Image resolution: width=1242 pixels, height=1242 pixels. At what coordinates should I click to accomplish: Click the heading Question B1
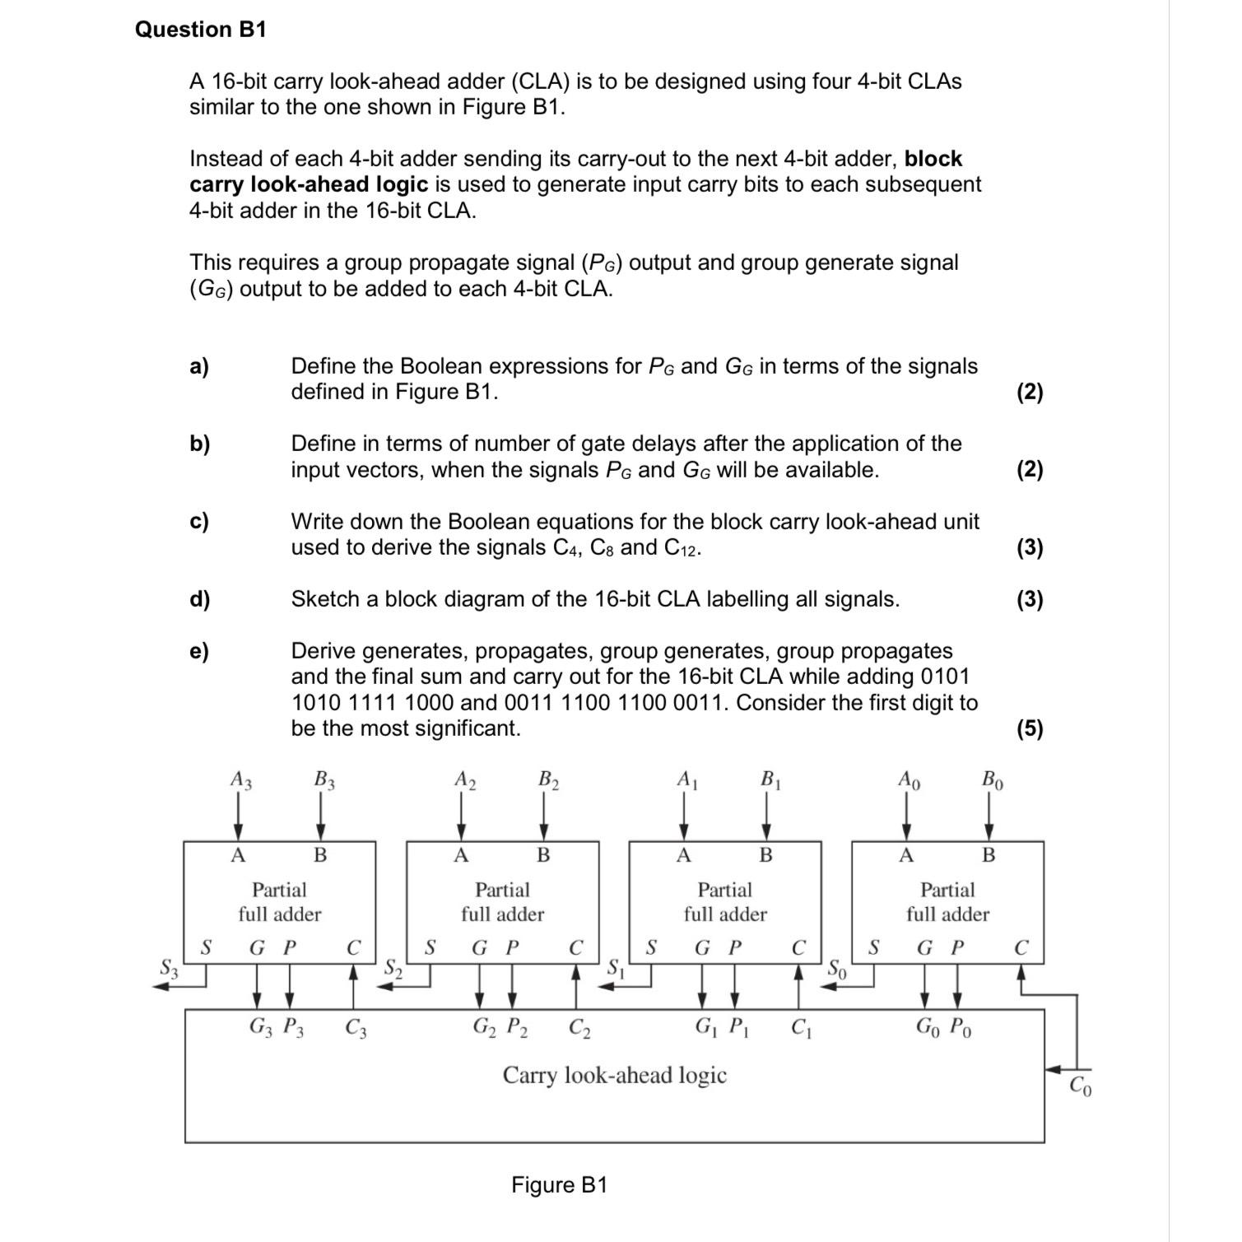pyautogui.click(x=201, y=30)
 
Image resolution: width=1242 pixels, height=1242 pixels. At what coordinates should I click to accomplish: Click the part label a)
pyautogui.click(x=199, y=366)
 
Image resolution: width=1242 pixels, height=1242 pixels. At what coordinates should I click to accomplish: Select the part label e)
pyautogui.click(x=199, y=651)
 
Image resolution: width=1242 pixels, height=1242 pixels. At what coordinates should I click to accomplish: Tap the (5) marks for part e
pyautogui.click(x=1029, y=728)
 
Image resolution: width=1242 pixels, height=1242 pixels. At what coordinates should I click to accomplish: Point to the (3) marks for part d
pyautogui.click(x=1029, y=599)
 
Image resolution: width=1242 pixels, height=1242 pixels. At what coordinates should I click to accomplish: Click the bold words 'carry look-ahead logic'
pyautogui.click(x=309, y=184)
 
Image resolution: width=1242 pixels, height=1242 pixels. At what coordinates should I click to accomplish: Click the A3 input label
pyautogui.click(x=240, y=779)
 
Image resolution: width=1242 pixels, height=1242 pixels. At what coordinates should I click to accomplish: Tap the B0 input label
pyautogui.click(x=992, y=779)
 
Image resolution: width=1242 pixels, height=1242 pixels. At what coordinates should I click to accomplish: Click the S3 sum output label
pyautogui.click(x=169, y=968)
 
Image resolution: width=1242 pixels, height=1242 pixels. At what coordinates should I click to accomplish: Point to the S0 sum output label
pyautogui.click(x=836, y=968)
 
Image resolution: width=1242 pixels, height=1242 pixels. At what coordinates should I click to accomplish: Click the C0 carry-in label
pyautogui.click(x=1082, y=1086)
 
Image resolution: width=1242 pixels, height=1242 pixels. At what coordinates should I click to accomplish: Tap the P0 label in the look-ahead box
pyautogui.click(x=961, y=1027)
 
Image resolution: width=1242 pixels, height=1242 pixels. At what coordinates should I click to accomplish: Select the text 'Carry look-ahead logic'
pyautogui.click(x=614, y=1075)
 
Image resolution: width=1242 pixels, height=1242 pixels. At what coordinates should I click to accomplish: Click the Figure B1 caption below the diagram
pyautogui.click(x=559, y=1185)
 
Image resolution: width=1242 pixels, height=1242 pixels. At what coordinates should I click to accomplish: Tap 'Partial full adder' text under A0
pyautogui.click(x=947, y=902)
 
